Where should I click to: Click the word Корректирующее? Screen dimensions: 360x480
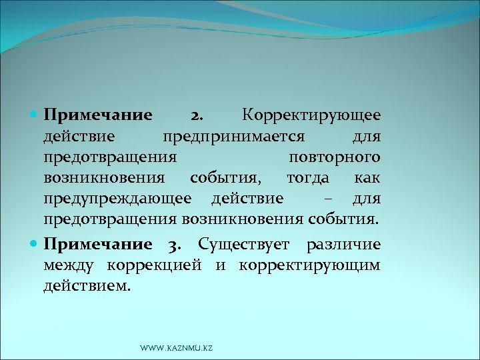click(x=311, y=115)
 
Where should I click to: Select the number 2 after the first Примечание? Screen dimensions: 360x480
click(x=198, y=115)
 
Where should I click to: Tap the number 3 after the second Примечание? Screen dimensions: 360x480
click(x=175, y=245)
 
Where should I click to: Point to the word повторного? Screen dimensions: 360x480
click(x=335, y=157)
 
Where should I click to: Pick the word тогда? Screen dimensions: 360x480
click(x=308, y=178)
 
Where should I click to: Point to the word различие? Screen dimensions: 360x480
click(x=343, y=245)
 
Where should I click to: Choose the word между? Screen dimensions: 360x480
click(x=69, y=265)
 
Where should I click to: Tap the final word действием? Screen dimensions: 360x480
click(x=87, y=286)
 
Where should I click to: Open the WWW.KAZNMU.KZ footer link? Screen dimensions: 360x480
click(x=176, y=348)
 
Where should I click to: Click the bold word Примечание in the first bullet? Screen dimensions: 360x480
click(x=98, y=115)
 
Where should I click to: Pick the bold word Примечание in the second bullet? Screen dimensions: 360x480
click(x=98, y=245)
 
